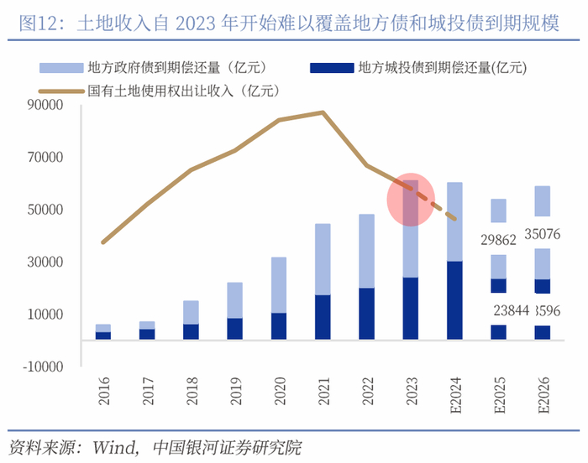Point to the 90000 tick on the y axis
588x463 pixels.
tap(47, 105)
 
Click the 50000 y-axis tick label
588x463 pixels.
tap(47, 210)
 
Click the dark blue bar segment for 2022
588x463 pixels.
tap(366, 314)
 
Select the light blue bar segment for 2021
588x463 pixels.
tap(323, 259)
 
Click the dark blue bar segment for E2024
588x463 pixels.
tap(454, 300)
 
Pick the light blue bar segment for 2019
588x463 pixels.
tap(235, 300)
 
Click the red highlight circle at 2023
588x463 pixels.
tap(410, 200)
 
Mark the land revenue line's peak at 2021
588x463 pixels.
tap(323, 112)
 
